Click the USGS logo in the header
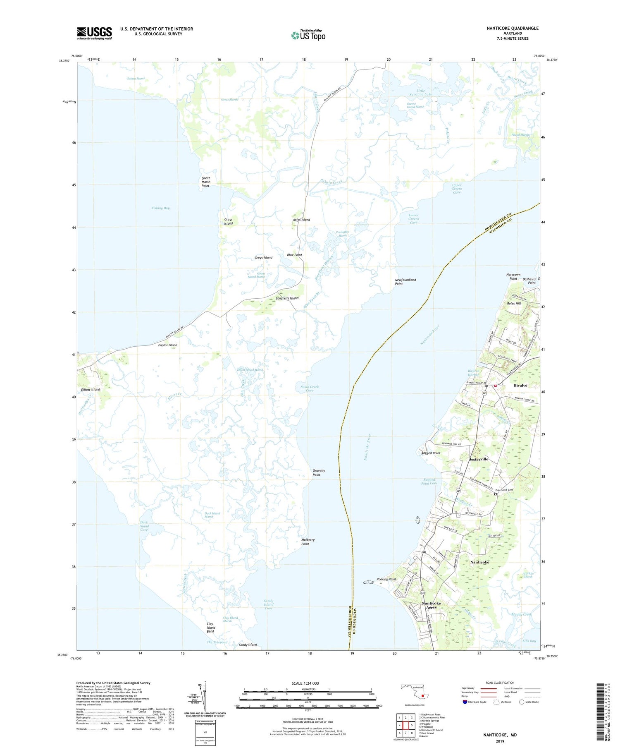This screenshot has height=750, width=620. click(94, 33)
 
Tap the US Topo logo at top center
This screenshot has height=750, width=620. click(308, 35)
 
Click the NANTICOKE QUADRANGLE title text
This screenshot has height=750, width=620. click(513, 28)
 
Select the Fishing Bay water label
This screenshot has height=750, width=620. click(160, 208)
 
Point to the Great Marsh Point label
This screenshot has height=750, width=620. click(205, 182)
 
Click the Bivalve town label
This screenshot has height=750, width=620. click(520, 385)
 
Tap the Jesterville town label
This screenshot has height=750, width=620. click(479, 459)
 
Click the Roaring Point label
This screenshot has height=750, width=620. click(386, 579)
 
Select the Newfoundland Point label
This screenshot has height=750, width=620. click(405, 282)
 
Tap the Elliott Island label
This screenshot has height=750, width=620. click(90, 390)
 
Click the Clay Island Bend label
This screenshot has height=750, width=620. click(210, 628)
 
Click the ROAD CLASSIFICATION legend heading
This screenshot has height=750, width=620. click(500, 683)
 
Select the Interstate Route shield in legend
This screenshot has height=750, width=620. click(465, 702)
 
